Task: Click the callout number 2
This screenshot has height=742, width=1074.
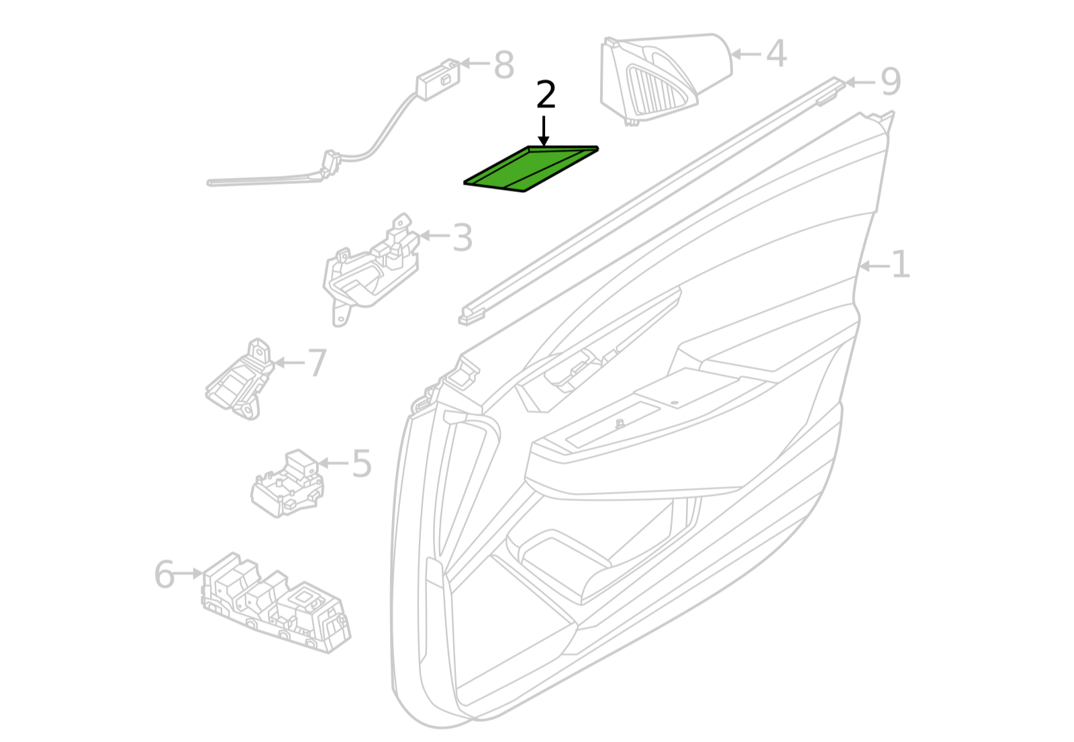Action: pyautogui.click(x=546, y=95)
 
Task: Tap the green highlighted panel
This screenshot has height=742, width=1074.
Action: pyautogui.click(x=531, y=169)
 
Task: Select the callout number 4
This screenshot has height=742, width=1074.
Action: pyautogui.click(x=776, y=54)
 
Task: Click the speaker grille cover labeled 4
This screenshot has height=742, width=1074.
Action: pyautogui.click(x=665, y=79)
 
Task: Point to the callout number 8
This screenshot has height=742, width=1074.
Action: pyautogui.click(x=504, y=65)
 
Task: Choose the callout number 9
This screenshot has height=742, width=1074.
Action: pyautogui.click(x=890, y=82)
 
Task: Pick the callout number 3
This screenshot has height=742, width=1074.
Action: pyautogui.click(x=462, y=238)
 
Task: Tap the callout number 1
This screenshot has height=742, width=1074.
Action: pyautogui.click(x=900, y=265)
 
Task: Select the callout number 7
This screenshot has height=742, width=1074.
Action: pyautogui.click(x=317, y=363)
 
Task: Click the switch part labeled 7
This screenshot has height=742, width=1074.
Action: pyautogui.click(x=240, y=379)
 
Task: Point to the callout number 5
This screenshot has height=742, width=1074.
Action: pyautogui.click(x=362, y=463)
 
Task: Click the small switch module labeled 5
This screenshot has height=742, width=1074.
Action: pyautogui.click(x=287, y=483)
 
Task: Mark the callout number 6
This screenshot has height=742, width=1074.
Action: pyautogui.click(x=164, y=575)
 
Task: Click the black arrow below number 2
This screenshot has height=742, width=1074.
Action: pyautogui.click(x=544, y=131)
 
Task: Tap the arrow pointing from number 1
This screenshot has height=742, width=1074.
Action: pyautogui.click(x=875, y=267)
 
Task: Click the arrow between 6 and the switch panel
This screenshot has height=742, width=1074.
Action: pyautogui.click(x=189, y=573)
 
